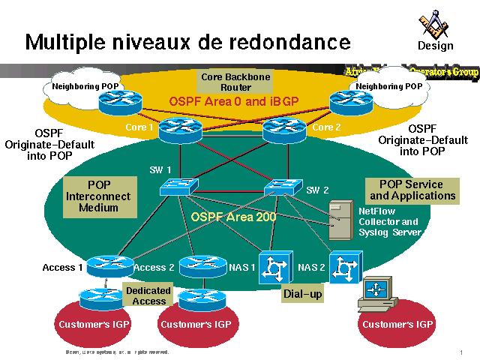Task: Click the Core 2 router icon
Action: [x=283, y=131]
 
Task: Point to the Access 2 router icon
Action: [x=202, y=265]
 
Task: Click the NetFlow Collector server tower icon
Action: [x=344, y=217]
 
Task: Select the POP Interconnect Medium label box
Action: [x=98, y=196]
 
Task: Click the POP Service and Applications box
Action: [x=412, y=190]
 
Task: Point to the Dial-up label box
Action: [x=303, y=295]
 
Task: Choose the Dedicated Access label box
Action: [x=148, y=295]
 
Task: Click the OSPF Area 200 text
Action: [x=233, y=217]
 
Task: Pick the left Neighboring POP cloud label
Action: [x=85, y=87]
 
